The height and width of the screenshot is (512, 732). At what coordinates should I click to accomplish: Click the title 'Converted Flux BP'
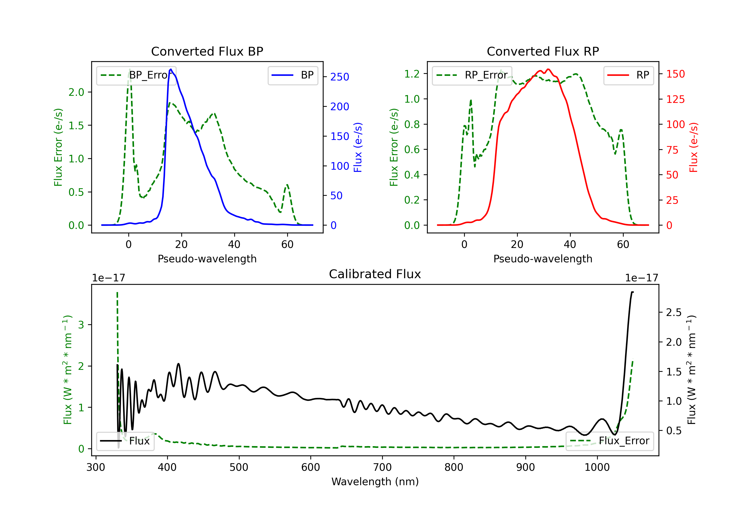click(207, 51)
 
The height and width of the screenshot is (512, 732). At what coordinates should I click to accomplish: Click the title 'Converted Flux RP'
click(543, 51)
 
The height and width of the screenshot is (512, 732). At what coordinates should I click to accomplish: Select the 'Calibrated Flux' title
click(375, 274)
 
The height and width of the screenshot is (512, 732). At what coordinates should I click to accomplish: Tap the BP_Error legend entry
click(136, 75)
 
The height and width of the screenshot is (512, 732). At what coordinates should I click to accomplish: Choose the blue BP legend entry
click(293, 75)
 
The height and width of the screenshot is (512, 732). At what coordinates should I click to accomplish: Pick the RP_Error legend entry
click(472, 75)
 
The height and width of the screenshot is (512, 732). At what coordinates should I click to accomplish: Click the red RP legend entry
click(628, 75)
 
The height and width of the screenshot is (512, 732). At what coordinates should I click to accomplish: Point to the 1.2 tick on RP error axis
click(412, 74)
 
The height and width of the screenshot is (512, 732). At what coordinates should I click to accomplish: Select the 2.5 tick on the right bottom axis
click(674, 312)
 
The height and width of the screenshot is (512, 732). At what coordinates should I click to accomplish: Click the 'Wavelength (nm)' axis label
click(375, 482)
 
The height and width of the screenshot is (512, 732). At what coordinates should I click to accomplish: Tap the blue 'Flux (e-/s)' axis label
click(358, 147)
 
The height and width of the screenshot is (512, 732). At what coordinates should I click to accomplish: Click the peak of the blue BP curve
click(171, 69)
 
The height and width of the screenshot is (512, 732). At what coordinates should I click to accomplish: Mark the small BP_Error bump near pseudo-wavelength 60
click(287, 185)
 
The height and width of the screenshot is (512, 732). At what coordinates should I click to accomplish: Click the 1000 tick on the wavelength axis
click(597, 467)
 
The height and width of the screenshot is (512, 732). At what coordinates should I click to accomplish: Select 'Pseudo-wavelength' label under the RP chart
click(543, 259)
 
